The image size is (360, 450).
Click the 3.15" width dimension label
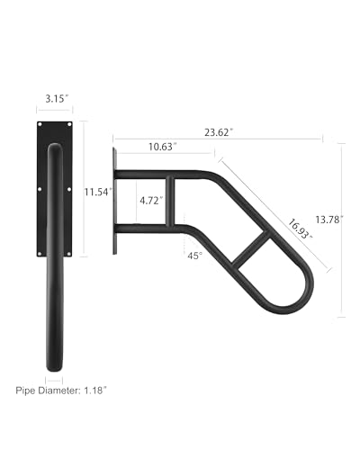click(57, 99)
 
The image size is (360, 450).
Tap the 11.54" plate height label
click(98, 192)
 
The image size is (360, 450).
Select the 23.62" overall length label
click(219, 132)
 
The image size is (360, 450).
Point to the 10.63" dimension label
click(163, 147)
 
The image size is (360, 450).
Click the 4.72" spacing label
click(151, 201)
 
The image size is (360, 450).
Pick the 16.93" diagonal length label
click(300, 229)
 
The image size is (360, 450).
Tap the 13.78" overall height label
click(329, 220)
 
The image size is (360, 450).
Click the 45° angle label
click(195, 256)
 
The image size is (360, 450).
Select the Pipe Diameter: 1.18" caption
click(61, 391)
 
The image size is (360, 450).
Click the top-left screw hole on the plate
click(40, 124)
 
